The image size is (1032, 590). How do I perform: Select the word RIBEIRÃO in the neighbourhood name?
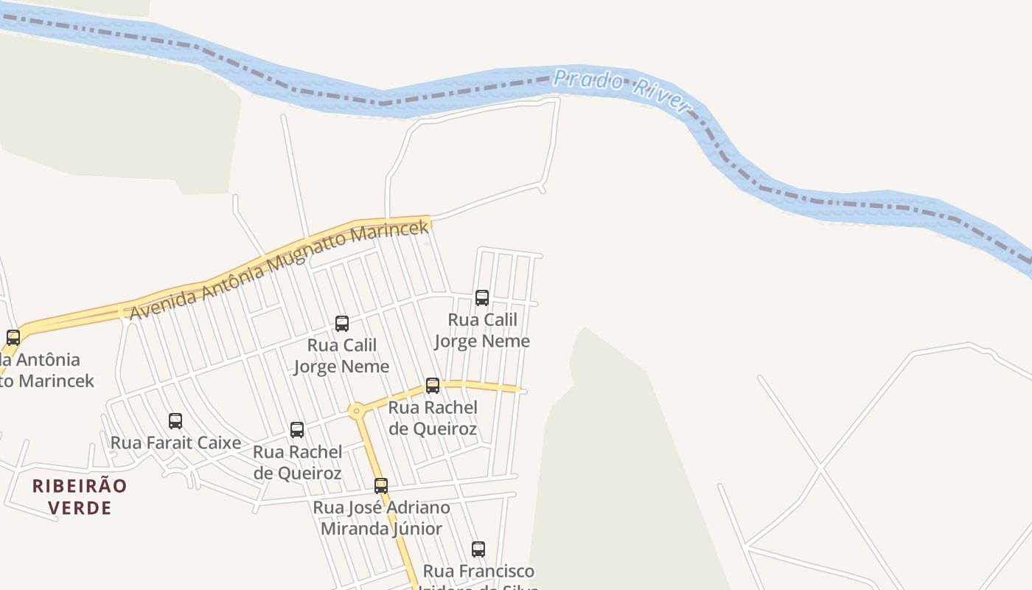(x=80, y=486)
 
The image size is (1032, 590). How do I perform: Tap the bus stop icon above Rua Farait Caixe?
(x=175, y=421)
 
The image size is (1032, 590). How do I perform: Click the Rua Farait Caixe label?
(x=175, y=442)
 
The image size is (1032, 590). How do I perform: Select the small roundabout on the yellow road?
(x=357, y=411)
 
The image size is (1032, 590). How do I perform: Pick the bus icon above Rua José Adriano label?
(x=381, y=486)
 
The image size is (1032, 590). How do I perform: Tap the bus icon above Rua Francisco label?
(x=478, y=549)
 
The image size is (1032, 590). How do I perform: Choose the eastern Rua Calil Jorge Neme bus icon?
(x=482, y=298)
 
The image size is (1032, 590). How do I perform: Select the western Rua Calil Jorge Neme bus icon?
(x=342, y=323)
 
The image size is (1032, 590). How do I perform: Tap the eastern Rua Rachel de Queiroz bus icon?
(x=433, y=386)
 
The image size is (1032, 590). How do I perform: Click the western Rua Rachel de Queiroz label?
(x=297, y=462)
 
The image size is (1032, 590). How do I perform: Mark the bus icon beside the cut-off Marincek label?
(x=13, y=338)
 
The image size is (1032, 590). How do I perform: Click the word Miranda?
(x=349, y=529)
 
